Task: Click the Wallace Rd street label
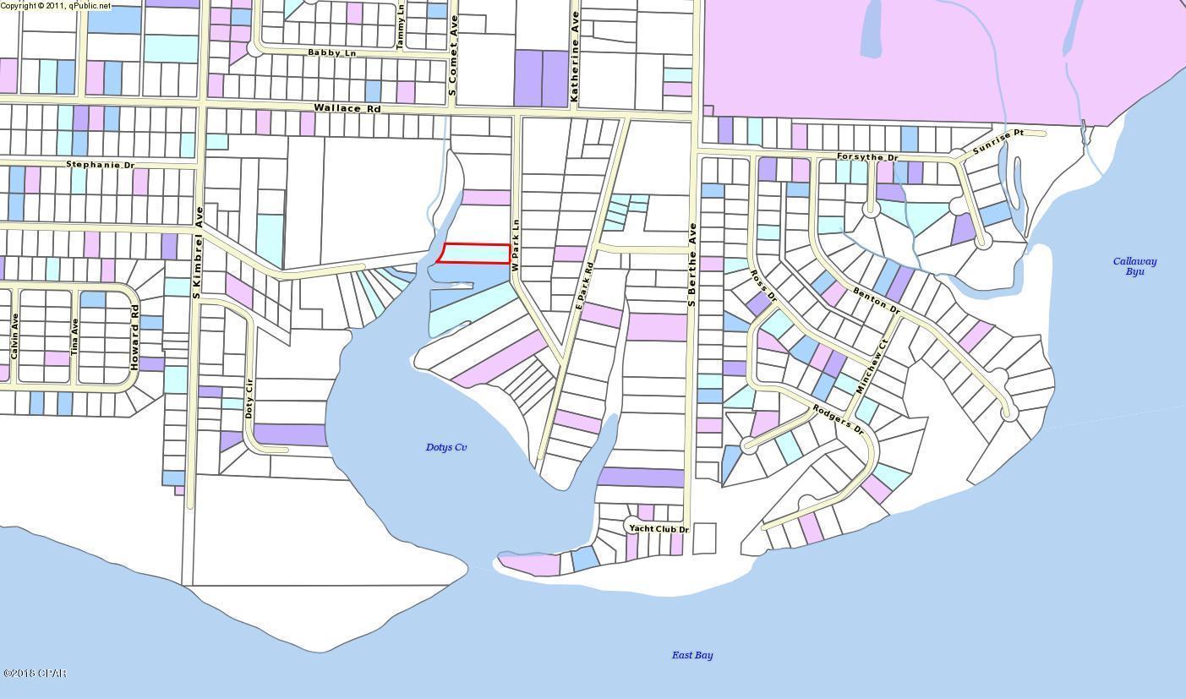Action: click(x=347, y=109)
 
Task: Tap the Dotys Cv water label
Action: click(x=446, y=447)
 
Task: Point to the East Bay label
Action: click(x=692, y=655)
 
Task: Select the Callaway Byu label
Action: click(x=1134, y=266)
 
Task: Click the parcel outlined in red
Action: click(x=476, y=253)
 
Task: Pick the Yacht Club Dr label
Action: click(x=659, y=529)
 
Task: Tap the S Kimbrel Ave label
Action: click(x=198, y=254)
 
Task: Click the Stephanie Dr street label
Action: click(x=100, y=165)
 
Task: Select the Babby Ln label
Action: click(x=331, y=52)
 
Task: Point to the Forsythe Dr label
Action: click(x=867, y=157)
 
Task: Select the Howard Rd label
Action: click(x=134, y=336)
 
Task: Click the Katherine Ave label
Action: click(x=575, y=57)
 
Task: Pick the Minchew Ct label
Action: click(x=872, y=367)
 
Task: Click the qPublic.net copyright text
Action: click(x=56, y=5)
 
